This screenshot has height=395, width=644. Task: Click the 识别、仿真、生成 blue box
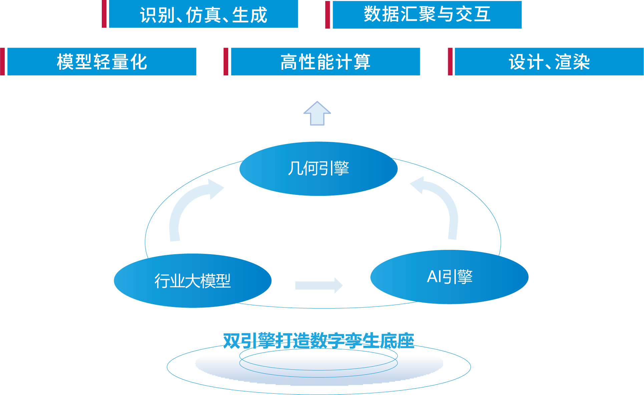[x=203, y=14]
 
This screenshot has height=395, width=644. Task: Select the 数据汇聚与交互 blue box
[x=427, y=15]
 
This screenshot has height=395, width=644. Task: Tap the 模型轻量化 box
[x=102, y=62]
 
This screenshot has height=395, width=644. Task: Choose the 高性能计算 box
[x=325, y=62]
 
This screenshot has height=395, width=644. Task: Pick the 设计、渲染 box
[x=549, y=62]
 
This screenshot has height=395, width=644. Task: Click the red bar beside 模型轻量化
[x=3, y=62]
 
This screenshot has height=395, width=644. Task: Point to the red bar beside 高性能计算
[x=226, y=62]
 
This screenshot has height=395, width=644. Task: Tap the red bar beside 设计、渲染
[x=450, y=62]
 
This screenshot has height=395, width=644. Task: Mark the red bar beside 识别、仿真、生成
[x=104, y=14]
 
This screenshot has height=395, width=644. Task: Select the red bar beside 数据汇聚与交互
[x=327, y=15]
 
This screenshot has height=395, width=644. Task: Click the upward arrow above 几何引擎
[x=317, y=114]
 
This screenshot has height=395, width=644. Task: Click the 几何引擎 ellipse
[x=318, y=168]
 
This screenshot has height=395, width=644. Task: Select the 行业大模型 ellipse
[x=193, y=281]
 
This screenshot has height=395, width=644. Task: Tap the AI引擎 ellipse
[x=449, y=277]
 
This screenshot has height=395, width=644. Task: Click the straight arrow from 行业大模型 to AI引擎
[x=319, y=285]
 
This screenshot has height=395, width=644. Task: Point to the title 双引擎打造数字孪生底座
[x=318, y=341]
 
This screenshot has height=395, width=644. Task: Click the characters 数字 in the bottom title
[x=323, y=341]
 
